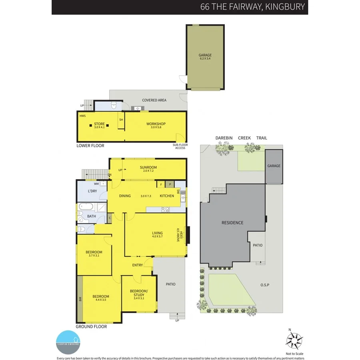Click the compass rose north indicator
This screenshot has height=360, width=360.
click(x=294, y=340)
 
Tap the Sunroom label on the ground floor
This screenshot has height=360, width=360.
click(x=148, y=167)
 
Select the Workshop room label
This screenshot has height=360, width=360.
click(x=156, y=124)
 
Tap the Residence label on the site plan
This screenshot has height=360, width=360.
click(x=232, y=223)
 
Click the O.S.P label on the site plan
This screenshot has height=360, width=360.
click(x=265, y=285)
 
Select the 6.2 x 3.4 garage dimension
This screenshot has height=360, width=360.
click(x=205, y=59)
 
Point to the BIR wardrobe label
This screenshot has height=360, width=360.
click(x=80, y=298)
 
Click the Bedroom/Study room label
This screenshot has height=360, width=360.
click(x=139, y=293)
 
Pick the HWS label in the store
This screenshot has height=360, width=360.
click(x=82, y=116)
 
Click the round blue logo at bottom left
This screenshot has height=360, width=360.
click(x=68, y=342)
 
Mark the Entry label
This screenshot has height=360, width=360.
click(x=138, y=265)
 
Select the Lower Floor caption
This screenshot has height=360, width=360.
click(x=90, y=146)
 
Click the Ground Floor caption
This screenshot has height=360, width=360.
click(x=92, y=326)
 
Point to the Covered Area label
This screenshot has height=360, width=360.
click(x=154, y=100)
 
